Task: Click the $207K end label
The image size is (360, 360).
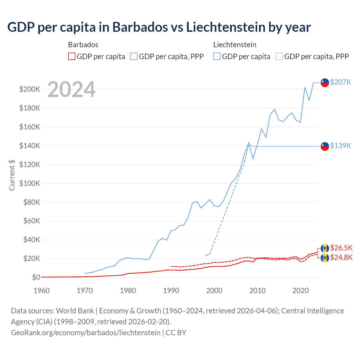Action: [341, 82]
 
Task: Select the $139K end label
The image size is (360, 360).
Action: [341, 146]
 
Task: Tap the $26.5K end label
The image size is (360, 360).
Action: [341, 248]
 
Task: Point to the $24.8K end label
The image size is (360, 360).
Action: [341, 257]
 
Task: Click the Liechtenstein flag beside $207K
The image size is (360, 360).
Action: [325, 83]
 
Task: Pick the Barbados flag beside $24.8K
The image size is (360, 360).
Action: [325, 258]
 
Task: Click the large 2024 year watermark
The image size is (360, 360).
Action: [71, 89]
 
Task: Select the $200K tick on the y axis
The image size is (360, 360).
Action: [30, 89]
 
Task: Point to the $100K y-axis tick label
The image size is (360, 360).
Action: [30, 183]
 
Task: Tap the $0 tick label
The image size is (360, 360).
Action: [36, 277]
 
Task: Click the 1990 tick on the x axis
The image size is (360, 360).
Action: [171, 291]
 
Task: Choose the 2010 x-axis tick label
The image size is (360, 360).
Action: [257, 291]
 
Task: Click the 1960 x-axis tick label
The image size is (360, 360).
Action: [42, 291]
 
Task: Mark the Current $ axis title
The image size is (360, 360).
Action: [12, 175]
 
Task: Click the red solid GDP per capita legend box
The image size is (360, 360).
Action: [72, 57]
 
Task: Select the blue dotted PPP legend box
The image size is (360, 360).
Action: [279, 57]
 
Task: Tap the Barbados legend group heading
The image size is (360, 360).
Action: [83, 45]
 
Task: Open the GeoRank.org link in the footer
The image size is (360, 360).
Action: [85, 333]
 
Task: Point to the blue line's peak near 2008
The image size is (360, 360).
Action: [249, 143]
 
